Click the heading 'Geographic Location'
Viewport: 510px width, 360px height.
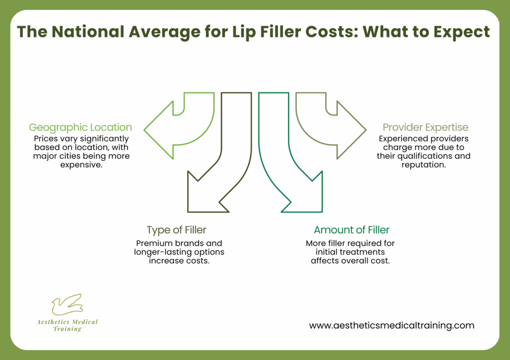tap(80, 127)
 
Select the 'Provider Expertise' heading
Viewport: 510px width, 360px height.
tap(425, 127)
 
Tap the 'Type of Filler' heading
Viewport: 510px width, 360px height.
tap(176, 230)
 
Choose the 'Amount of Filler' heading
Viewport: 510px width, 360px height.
tap(352, 230)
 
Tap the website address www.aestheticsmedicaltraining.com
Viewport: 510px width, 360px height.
tap(391, 326)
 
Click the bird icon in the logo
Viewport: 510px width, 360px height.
tap(67, 305)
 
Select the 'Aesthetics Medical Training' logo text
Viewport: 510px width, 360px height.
tap(67, 325)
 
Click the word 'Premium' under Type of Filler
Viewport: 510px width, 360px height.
tap(152, 243)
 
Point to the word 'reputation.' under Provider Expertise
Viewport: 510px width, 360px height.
tap(423, 164)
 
